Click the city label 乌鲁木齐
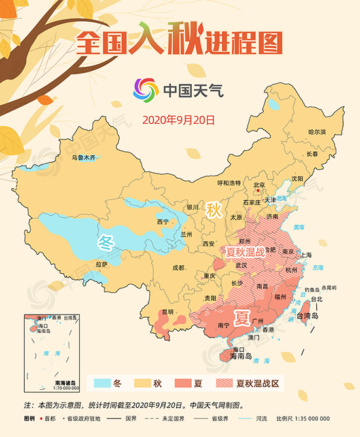tap(83, 157)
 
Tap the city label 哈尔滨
tap(317, 132)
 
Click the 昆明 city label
tap(168, 312)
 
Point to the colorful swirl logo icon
tap(145, 89)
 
